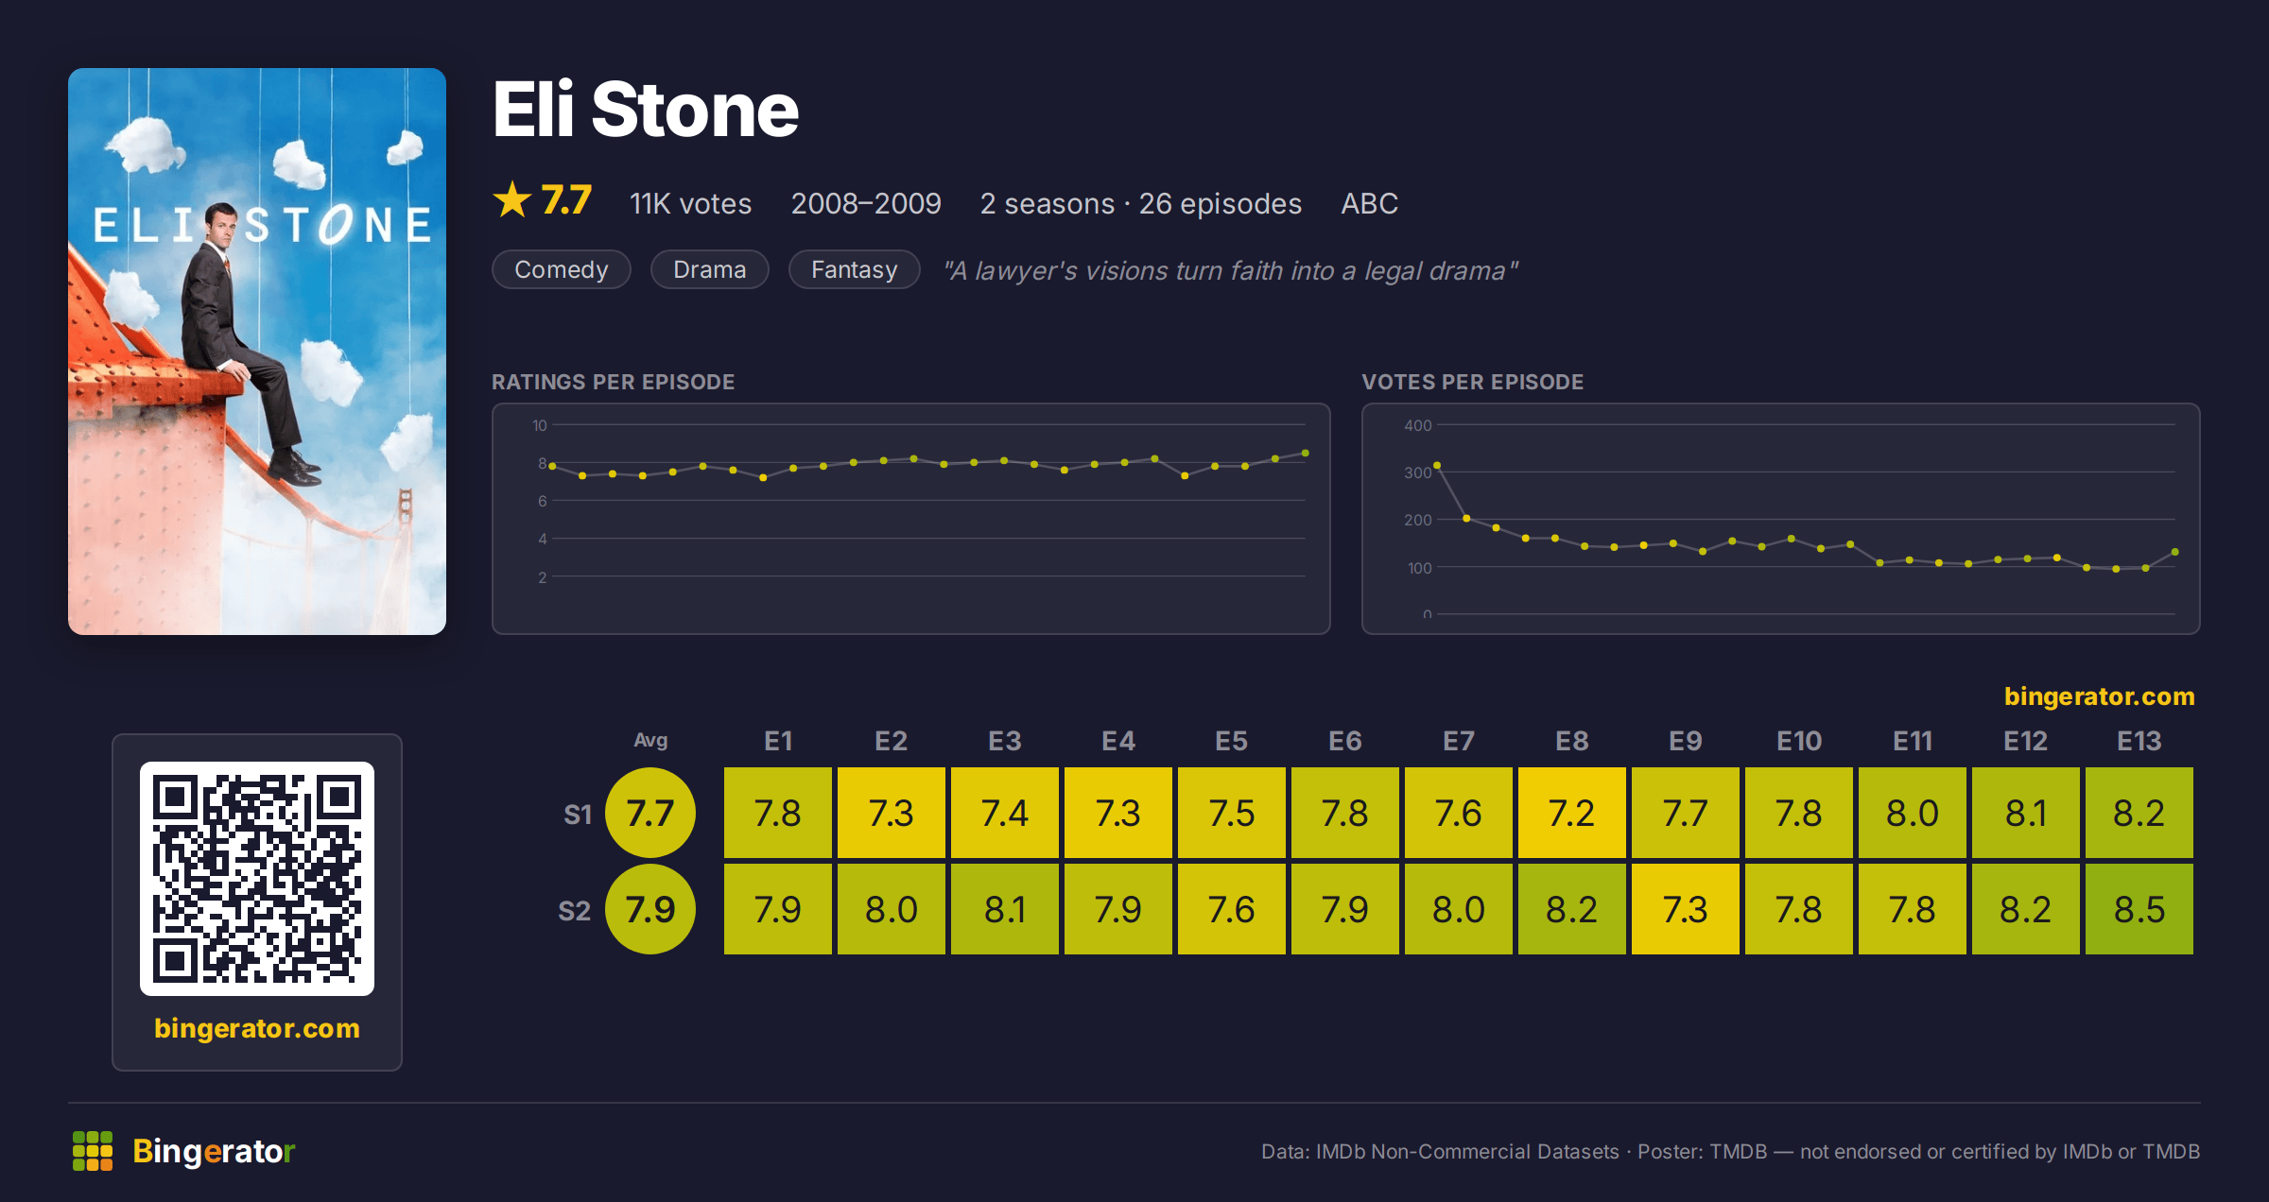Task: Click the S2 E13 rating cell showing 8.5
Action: click(2139, 909)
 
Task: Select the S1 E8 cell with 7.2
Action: click(1571, 813)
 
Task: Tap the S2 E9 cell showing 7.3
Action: click(1685, 909)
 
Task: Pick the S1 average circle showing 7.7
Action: click(650, 813)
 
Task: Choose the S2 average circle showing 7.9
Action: click(650, 909)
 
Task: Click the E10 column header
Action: click(1798, 741)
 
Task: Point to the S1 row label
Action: click(578, 815)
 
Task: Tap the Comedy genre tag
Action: click(562, 269)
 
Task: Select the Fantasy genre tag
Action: click(854, 269)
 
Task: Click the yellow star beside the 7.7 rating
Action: click(512, 199)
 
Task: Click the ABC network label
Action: click(1369, 203)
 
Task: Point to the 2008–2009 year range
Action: click(866, 203)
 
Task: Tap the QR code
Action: click(257, 879)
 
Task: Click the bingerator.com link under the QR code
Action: click(257, 1028)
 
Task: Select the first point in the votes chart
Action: click(1437, 465)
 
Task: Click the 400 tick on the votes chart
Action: click(1417, 425)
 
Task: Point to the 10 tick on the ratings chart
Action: click(540, 425)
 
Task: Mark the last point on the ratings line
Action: click(1306, 454)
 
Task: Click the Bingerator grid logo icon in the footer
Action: click(93, 1151)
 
